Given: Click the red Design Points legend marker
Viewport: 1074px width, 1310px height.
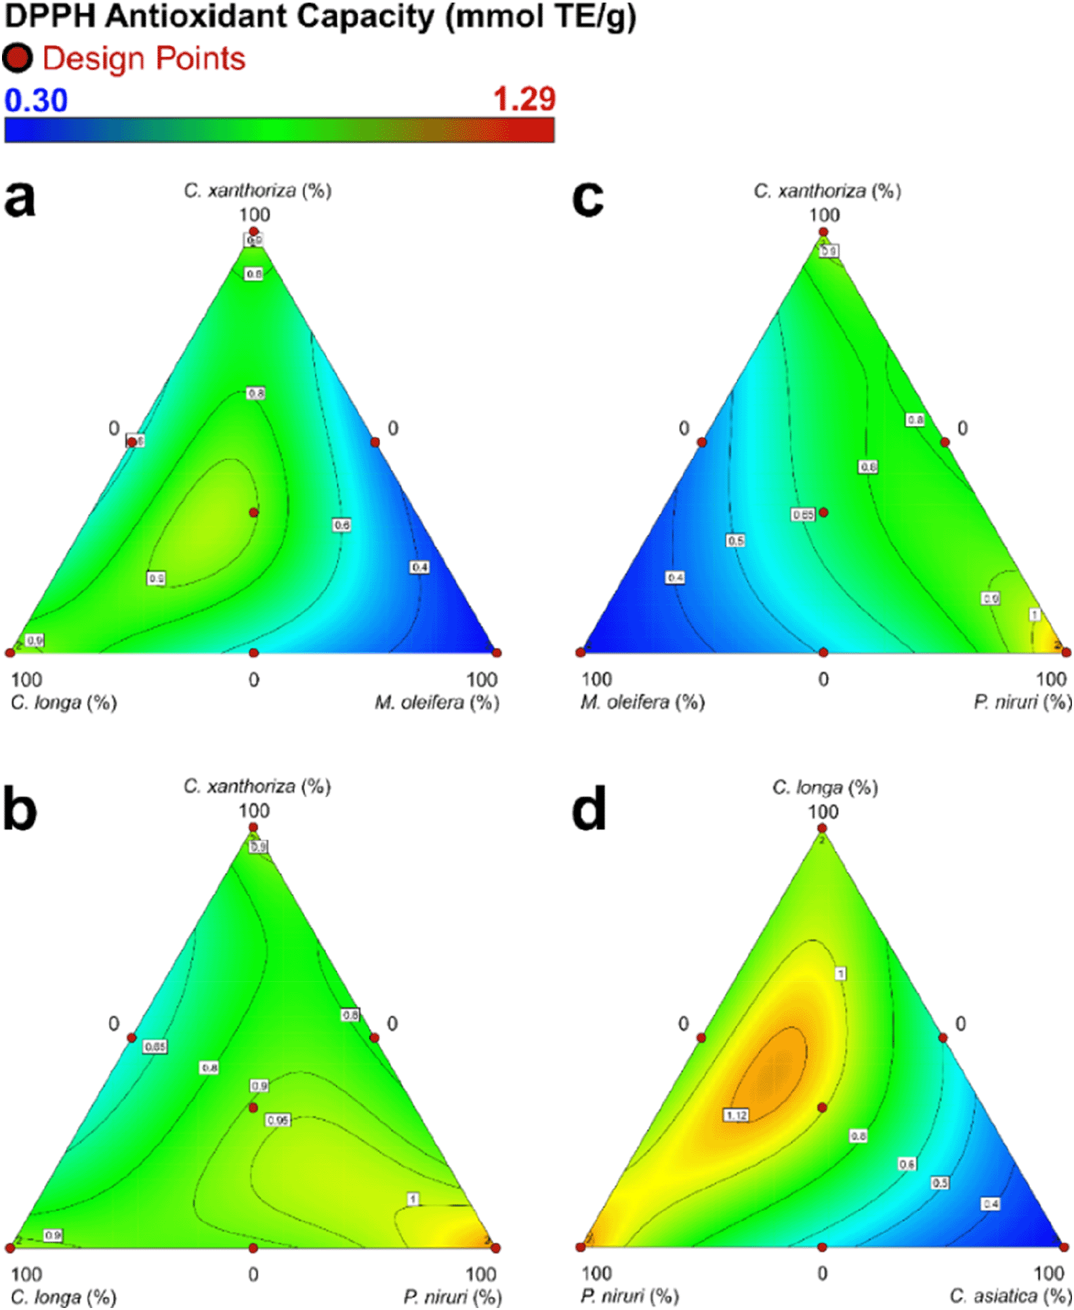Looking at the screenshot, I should (17, 58).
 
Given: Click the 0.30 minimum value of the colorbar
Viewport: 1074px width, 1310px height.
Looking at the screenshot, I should (36, 100).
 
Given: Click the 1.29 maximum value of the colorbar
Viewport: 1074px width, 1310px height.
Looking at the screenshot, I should (524, 100).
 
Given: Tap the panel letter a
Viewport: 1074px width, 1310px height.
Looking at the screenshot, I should (20, 199).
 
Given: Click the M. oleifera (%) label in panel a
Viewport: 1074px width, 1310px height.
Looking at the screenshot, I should (437, 702).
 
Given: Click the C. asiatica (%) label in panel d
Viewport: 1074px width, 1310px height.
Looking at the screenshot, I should (1010, 1296).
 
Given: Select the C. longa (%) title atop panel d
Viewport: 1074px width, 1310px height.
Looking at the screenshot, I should (825, 787).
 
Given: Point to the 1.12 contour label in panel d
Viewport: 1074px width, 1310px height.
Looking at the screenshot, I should (736, 1115).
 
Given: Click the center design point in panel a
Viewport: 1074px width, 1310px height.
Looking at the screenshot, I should (253, 512).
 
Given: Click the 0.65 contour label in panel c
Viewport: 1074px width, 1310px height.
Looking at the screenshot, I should (803, 514).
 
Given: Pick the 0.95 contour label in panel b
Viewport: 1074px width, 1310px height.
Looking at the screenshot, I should (278, 1120).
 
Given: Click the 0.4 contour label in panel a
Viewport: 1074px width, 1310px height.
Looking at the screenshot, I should (419, 567).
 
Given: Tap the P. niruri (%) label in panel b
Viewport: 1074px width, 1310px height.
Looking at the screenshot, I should (453, 1296).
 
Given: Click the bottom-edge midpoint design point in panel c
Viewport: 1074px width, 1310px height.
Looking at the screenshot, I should (823, 652).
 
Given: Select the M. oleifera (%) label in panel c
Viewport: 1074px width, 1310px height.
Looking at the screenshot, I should (642, 702).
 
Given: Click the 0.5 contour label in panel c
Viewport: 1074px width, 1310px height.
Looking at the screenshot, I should (736, 540).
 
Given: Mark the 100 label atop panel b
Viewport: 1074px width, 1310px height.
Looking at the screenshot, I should (253, 811).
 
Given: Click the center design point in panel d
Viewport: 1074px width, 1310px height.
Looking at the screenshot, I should (822, 1107).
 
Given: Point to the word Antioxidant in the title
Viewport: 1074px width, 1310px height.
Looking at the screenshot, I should (269, 16).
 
